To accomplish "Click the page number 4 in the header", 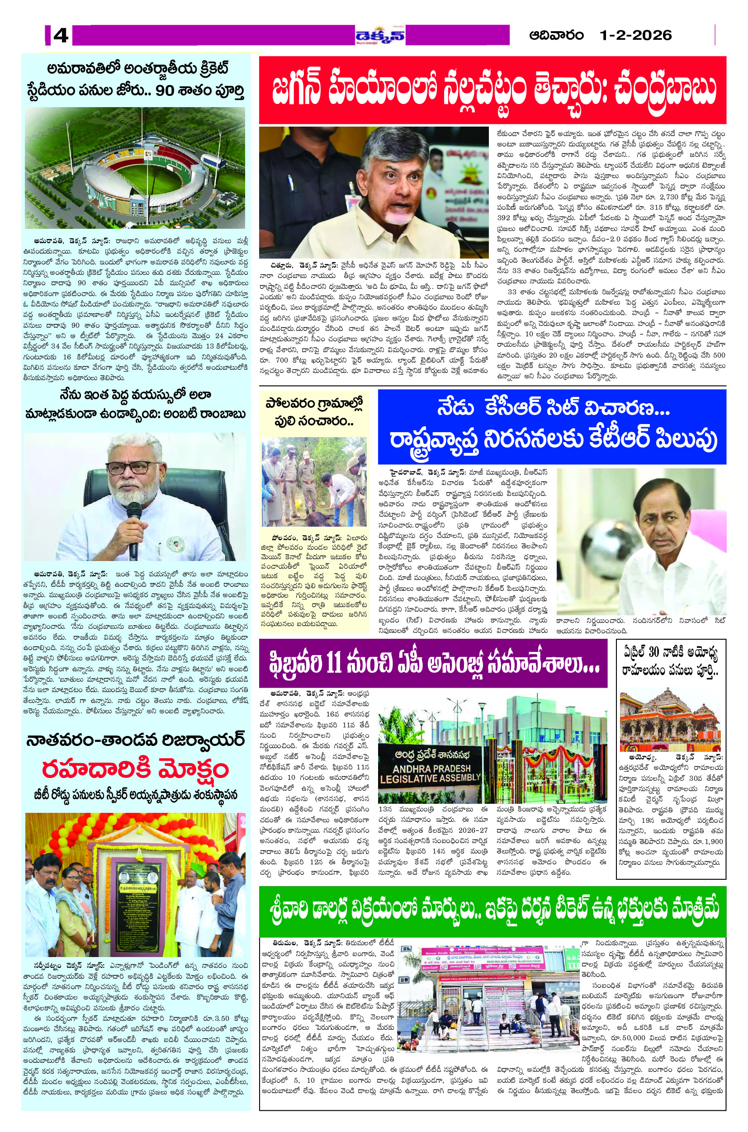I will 61,35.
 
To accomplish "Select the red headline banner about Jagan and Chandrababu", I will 492,90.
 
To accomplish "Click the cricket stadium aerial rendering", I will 135,168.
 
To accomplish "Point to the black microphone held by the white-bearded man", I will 133,530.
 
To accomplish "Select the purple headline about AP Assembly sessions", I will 433,664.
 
